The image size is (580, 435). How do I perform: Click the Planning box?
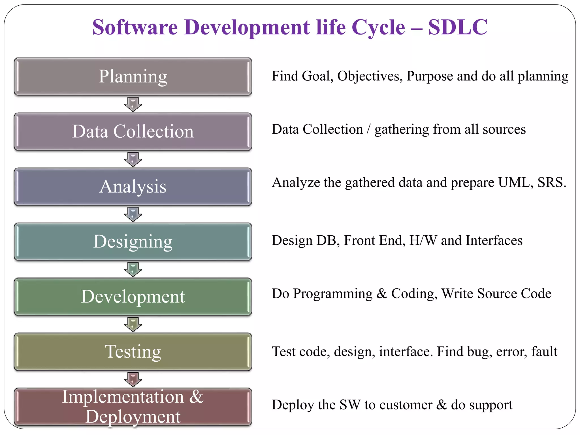coord(133,76)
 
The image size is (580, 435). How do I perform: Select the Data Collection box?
coord(133,131)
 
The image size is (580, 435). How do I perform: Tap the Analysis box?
coord(133,186)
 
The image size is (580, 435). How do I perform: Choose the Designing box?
coord(133,242)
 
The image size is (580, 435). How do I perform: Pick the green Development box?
coord(133,297)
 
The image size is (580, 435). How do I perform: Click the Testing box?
coord(133,351)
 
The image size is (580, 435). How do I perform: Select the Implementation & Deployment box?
coord(133,406)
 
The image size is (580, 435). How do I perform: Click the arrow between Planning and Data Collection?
coord(133,104)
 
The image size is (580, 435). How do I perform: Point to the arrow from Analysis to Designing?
coord(133,214)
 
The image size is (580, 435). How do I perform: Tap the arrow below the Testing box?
coord(133,379)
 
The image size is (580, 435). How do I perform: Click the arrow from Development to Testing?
coord(133,324)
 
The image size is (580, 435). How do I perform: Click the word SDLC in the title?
coord(457,27)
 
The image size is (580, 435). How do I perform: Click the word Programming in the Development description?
coord(333,294)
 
